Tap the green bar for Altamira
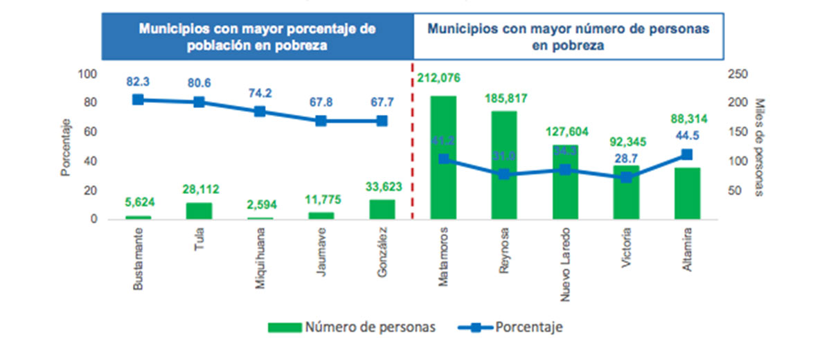click(x=687, y=194)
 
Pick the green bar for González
click(x=382, y=210)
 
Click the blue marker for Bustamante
click(x=138, y=100)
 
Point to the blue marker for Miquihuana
click(x=260, y=111)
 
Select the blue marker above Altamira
click(x=687, y=155)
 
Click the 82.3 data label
click(x=138, y=82)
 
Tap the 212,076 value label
click(x=439, y=78)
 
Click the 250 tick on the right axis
click(x=734, y=74)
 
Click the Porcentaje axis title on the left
click(x=66, y=147)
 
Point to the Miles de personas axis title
click(x=760, y=147)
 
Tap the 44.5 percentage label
click(x=686, y=136)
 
